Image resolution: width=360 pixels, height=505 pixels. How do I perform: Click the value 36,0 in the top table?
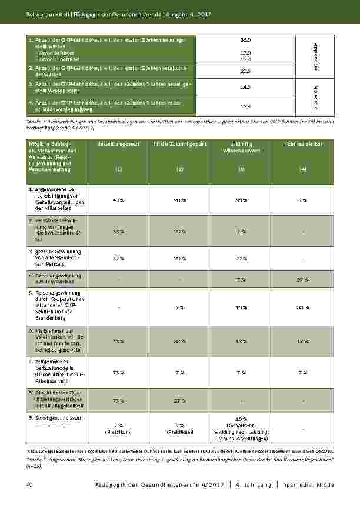tap(246, 39)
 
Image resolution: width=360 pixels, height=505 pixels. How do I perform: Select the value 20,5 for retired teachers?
tap(246, 71)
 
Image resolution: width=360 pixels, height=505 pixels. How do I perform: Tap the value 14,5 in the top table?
tap(246, 86)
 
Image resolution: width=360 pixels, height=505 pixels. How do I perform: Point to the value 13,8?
tap(246, 106)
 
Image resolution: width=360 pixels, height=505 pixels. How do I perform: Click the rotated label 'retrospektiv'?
tap(316, 56)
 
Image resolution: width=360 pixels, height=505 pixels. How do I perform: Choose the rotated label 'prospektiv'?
tap(316, 97)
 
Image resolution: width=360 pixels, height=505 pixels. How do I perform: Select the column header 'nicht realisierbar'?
tap(302, 144)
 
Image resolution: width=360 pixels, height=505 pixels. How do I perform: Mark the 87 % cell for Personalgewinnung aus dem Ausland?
tap(302, 279)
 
